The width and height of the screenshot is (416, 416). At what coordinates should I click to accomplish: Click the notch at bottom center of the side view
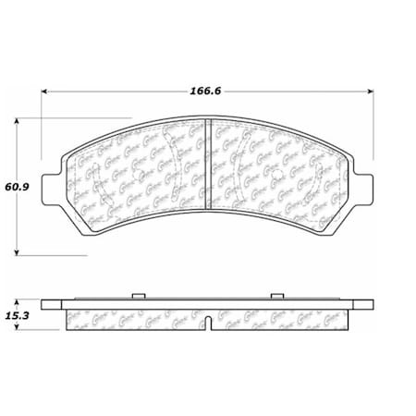(209, 324)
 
